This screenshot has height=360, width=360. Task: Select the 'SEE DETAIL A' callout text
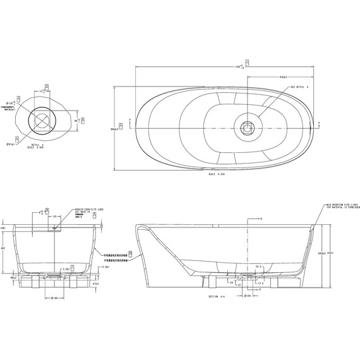click(x=299, y=87)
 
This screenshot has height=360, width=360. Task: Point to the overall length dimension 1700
click(x=237, y=66)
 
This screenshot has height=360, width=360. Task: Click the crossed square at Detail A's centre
click(x=42, y=121)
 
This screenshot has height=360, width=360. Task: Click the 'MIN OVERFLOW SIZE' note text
click(x=342, y=205)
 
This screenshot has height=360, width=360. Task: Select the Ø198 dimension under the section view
click(x=248, y=294)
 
